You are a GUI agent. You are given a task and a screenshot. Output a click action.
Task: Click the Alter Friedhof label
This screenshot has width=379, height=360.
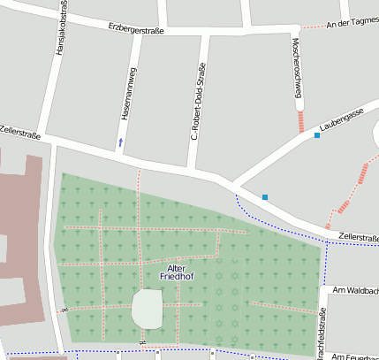coord(176,272)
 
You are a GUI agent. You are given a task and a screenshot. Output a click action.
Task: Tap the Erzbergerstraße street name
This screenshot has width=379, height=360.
coord(135,29)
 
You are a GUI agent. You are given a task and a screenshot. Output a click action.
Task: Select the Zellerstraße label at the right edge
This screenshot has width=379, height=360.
coord(358,238)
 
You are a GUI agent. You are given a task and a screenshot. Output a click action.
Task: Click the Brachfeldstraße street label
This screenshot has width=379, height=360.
coord(322,334)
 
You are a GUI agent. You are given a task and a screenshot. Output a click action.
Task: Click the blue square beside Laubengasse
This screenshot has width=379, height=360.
coord(317,135)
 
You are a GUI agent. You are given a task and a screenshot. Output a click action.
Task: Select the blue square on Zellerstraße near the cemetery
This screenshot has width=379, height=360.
coord(264,196)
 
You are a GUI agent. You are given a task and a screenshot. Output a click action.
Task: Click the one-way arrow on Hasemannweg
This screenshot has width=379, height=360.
coord(120,142)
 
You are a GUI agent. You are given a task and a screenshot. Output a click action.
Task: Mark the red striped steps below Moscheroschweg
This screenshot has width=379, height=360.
coord(301,121)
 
